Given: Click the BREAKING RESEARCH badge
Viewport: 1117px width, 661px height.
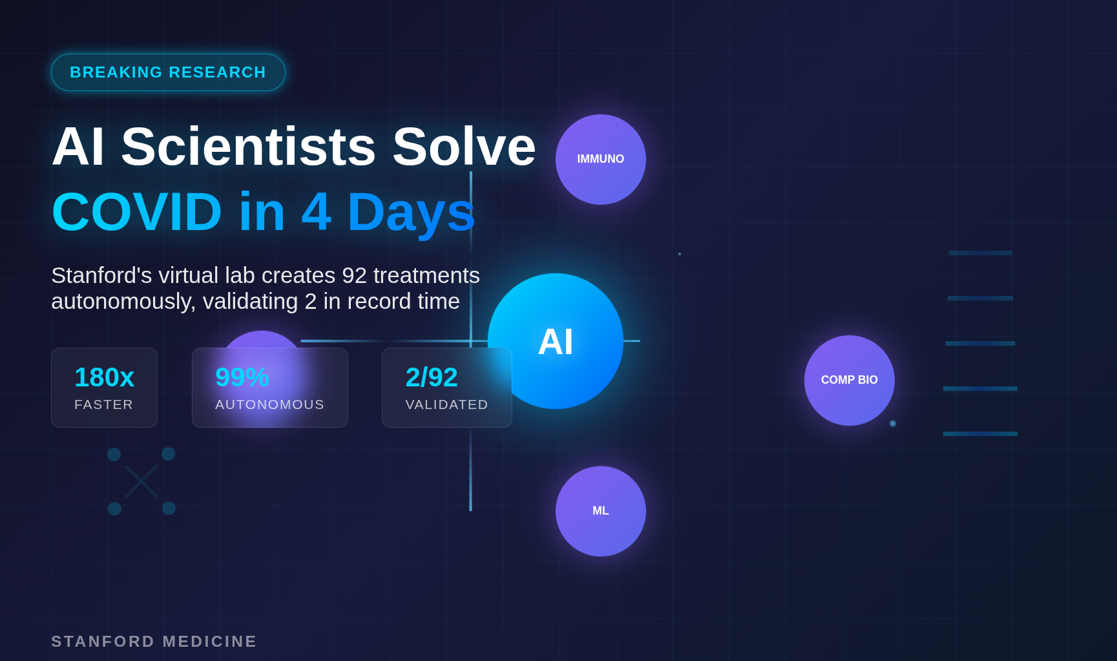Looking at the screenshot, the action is click(168, 72).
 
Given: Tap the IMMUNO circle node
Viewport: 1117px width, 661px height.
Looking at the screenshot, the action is click(601, 160).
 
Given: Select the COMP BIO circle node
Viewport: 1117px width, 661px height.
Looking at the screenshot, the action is click(850, 381).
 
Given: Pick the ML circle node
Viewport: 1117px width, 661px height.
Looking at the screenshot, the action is click(601, 511).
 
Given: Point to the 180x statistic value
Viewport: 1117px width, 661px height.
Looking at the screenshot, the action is click(104, 377).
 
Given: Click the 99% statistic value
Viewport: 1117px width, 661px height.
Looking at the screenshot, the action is click(242, 377).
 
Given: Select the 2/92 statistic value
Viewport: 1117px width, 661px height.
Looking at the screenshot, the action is click(432, 377).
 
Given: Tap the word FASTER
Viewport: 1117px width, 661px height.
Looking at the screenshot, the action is click(104, 404).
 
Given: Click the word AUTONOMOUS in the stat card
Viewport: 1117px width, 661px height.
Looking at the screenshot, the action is click(269, 404).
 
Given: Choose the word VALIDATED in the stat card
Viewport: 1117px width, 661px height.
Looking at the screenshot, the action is click(446, 404).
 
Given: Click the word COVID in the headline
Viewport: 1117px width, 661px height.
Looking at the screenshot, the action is click(137, 212).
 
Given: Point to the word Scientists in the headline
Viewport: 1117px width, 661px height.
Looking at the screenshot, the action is click(249, 147).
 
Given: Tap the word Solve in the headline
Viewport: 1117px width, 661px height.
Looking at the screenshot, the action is click(464, 147).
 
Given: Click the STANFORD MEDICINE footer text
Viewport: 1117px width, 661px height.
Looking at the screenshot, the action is click(154, 642).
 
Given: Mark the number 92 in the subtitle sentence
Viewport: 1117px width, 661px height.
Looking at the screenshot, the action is click(355, 276).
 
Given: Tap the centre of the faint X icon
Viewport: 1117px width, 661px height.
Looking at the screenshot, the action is click(141, 481).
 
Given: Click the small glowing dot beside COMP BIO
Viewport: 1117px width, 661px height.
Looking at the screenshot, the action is click(893, 424).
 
